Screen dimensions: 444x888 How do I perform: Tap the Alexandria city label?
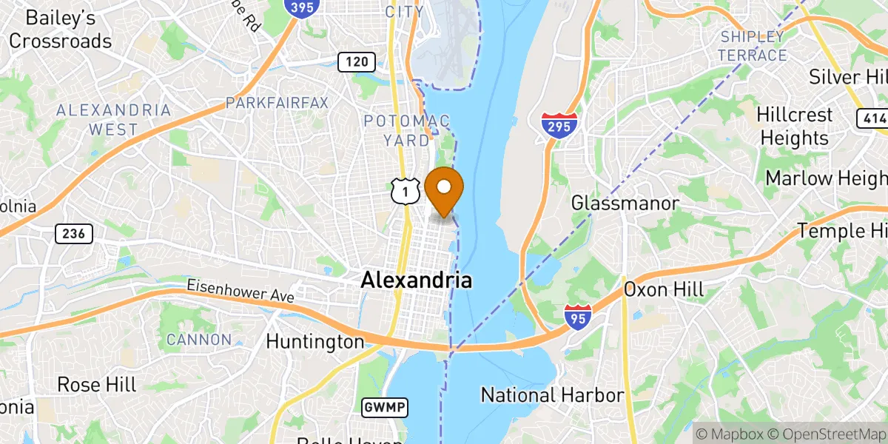coord(416,280)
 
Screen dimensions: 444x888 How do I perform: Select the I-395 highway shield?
coord(298,7)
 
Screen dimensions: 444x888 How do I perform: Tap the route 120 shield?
coord(356,62)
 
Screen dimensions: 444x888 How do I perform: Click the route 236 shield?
coord(74,234)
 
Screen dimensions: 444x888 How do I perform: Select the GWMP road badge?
coord(385,407)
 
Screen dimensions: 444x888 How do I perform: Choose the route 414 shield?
coord(871,117)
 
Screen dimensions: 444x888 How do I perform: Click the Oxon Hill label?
coord(664,289)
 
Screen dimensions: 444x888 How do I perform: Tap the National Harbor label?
coord(552,395)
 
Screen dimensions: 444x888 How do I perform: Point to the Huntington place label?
coord(315,342)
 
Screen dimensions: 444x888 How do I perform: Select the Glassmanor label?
coord(625,203)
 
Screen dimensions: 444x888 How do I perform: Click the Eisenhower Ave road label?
coord(240,290)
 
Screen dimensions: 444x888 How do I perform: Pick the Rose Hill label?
coord(97,385)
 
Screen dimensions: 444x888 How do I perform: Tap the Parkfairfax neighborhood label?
coord(277,102)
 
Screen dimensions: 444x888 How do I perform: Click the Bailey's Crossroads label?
coord(61,29)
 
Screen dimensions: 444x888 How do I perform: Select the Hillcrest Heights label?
coord(794,127)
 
